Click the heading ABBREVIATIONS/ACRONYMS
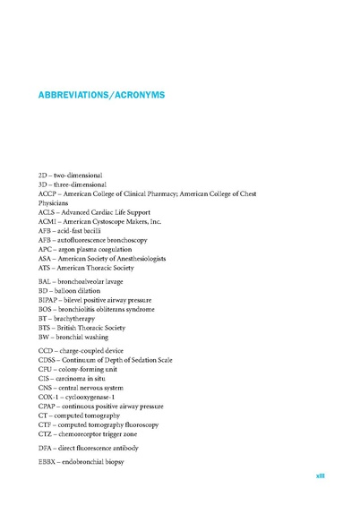[102, 93]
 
